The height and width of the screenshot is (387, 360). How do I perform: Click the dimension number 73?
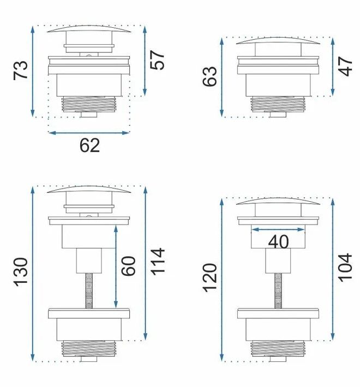click(21, 70)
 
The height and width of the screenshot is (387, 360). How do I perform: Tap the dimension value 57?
click(157, 60)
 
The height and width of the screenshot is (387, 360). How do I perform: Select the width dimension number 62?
click(89, 146)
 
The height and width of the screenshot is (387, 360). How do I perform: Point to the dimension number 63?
click(209, 76)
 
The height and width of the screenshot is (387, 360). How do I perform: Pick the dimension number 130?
click(21, 272)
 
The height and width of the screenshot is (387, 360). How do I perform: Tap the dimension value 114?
click(158, 262)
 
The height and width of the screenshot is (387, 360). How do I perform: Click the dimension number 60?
click(129, 266)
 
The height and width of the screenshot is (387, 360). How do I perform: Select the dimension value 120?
click(210, 277)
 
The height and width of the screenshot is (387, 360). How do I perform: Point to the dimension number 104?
click(345, 267)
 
